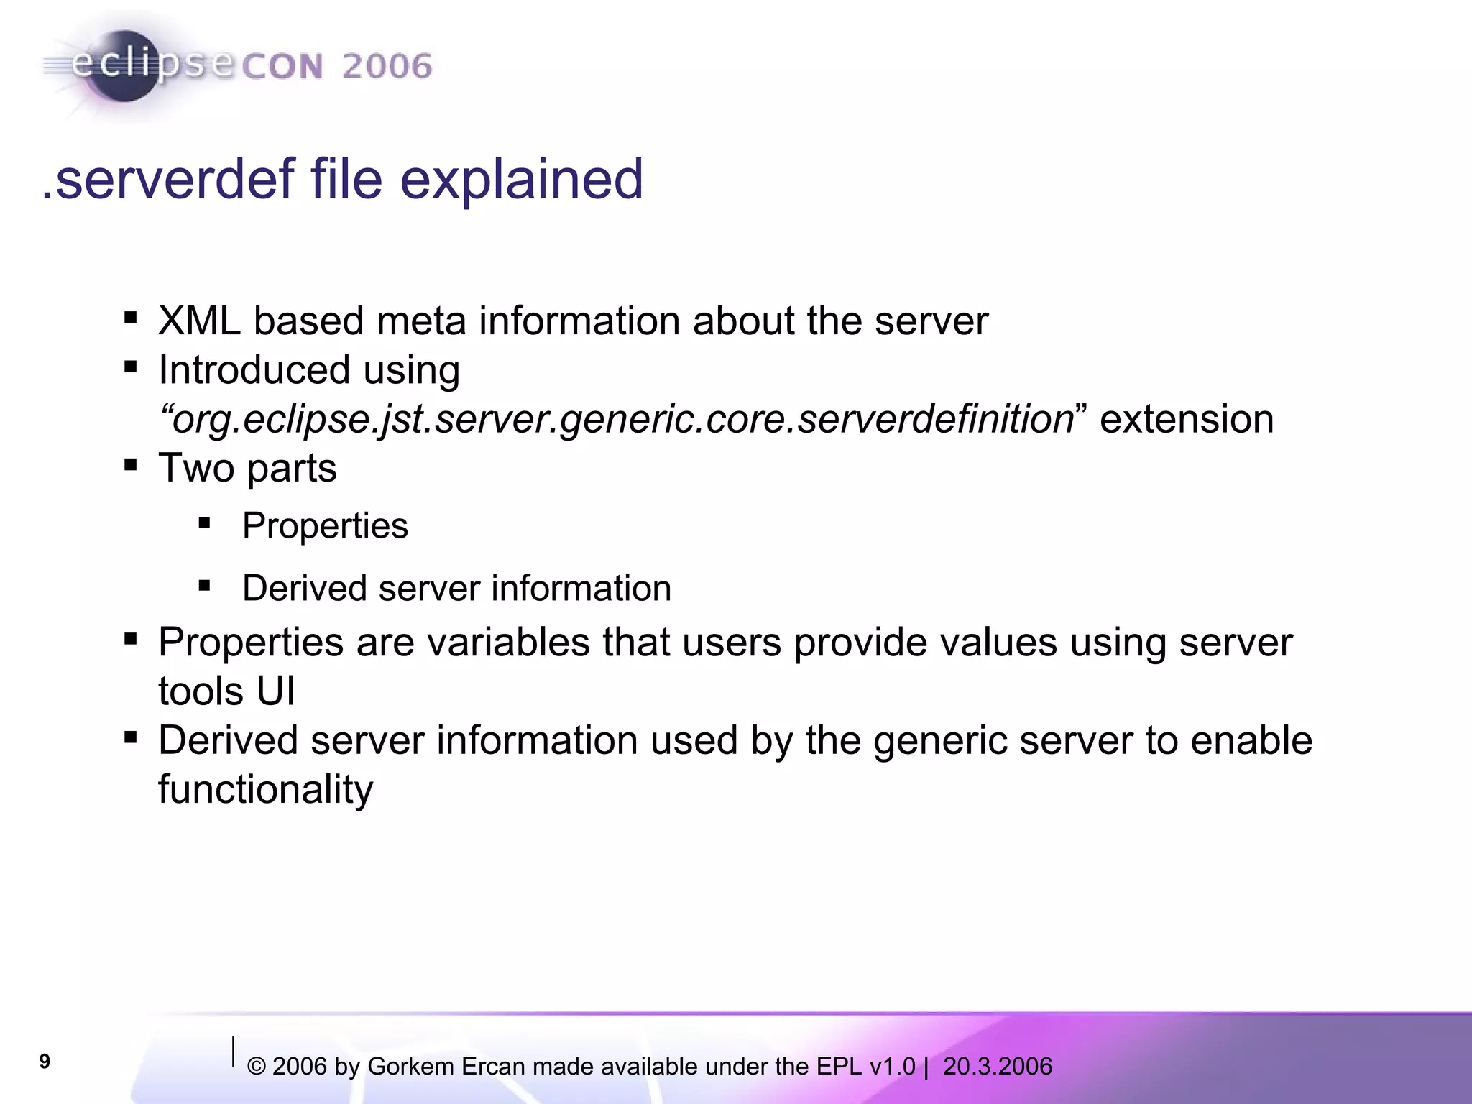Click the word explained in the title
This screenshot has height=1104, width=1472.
(x=521, y=180)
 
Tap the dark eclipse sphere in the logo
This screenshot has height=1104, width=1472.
(x=124, y=66)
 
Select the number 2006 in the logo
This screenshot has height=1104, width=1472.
(x=387, y=67)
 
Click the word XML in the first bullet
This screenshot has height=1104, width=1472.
(x=199, y=321)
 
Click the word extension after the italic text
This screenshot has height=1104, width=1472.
(x=1187, y=420)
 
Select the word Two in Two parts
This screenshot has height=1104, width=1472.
(x=196, y=469)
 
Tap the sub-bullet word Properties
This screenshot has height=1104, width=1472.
(x=325, y=526)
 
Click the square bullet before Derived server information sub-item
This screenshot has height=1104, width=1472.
(x=205, y=586)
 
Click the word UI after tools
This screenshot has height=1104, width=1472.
(x=276, y=691)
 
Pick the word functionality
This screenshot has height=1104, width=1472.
(x=265, y=790)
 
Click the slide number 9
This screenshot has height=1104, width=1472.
(x=45, y=1062)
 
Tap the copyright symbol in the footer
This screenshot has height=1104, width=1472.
(x=257, y=1067)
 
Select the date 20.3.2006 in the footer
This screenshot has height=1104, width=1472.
(x=997, y=1067)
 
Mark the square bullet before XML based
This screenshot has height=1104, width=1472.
(x=130, y=318)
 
